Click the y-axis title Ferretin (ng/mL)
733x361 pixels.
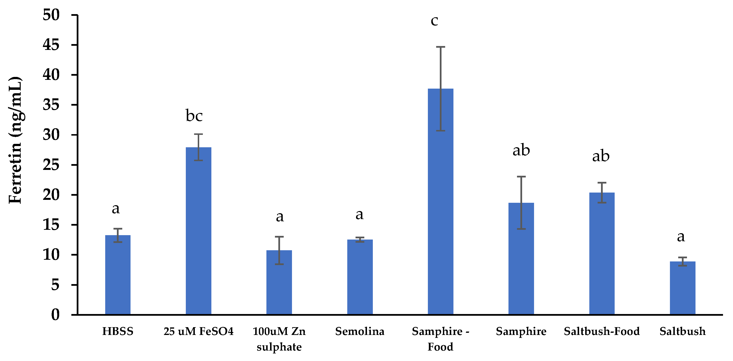click(15, 140)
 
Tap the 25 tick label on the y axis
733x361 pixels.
click(51, 165)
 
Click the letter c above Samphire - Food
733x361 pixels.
click(434, 21)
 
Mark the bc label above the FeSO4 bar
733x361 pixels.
click(194, 115)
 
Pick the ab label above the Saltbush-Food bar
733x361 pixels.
click(601, 156)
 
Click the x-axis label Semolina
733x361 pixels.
click(360, 331)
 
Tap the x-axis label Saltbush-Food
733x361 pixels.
click(601, 331)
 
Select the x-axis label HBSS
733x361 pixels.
click(118, 331)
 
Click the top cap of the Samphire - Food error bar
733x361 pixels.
click(440, 47)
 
